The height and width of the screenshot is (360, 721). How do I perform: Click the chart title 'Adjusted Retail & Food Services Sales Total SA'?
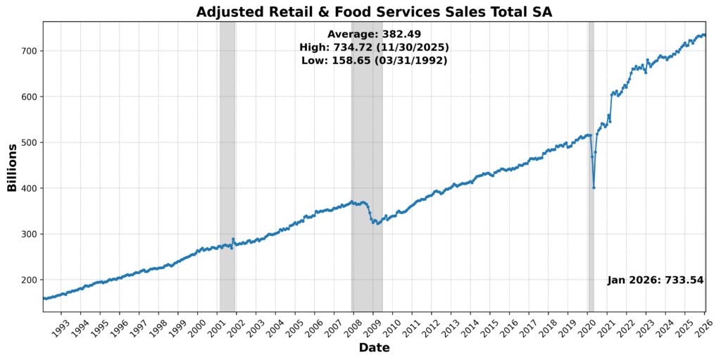[374, 11]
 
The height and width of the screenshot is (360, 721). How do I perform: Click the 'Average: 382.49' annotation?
[374, 34]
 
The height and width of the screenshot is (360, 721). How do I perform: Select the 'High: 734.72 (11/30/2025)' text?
[374, 47]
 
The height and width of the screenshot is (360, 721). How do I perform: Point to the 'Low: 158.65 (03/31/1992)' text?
[374, 61]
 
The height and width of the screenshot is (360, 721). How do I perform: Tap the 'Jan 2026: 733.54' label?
[656, 280]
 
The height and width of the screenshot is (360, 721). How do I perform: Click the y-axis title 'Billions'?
[12, 167]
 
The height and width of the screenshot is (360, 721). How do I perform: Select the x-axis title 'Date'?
[374, 347]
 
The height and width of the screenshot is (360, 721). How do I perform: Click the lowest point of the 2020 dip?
[594, 187]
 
